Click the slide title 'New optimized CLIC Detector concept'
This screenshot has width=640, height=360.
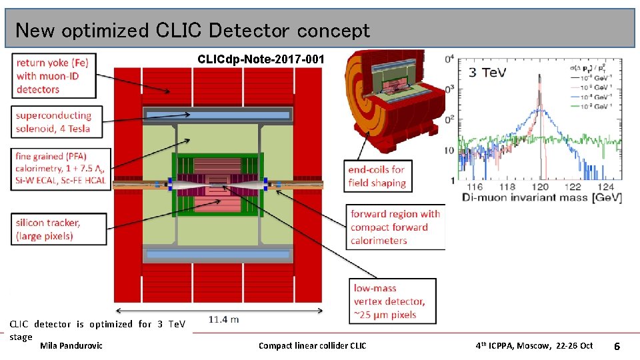pyautogui.click(x=192, y=31)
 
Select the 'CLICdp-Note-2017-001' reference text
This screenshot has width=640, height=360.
pyautogui.click(x=261, y=60)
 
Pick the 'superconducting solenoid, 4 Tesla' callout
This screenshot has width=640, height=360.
pyautogui.click(x=60, y=122)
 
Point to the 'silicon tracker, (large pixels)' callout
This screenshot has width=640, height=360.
pyautogui.click(x=59, y=229)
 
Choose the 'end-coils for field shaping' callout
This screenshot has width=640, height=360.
pyautogui.click(x=377, y=177)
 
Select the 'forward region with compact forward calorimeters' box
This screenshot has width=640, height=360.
pyautogui.click(x=395, y=227)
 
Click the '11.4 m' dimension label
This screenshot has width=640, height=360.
pyautogui.click(x=223, y=319)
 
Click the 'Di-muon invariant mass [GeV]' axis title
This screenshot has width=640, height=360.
pyautogui.click(x=541, y=198)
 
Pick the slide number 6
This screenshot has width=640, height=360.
pyautogui.click(x=617, y=347)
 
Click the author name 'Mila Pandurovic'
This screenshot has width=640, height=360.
pyautogui.click(x=71, y=345)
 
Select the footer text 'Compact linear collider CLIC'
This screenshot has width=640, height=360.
pyautogui.click(x=312, y=345)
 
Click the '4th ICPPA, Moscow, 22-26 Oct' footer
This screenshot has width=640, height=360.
pyautogui.click(x=534, y=345)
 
